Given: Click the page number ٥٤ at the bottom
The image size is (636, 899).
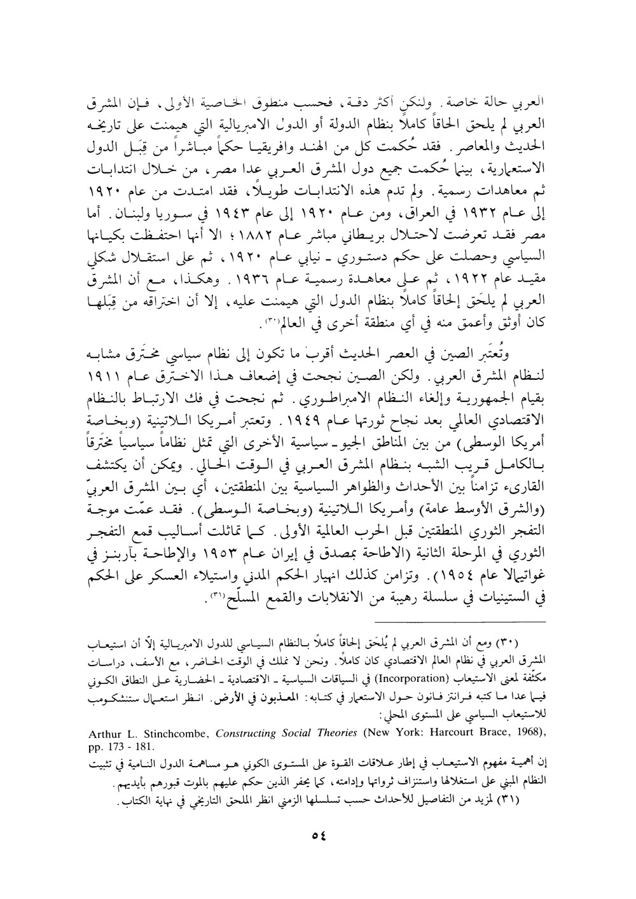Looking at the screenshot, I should tap(318, 820).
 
